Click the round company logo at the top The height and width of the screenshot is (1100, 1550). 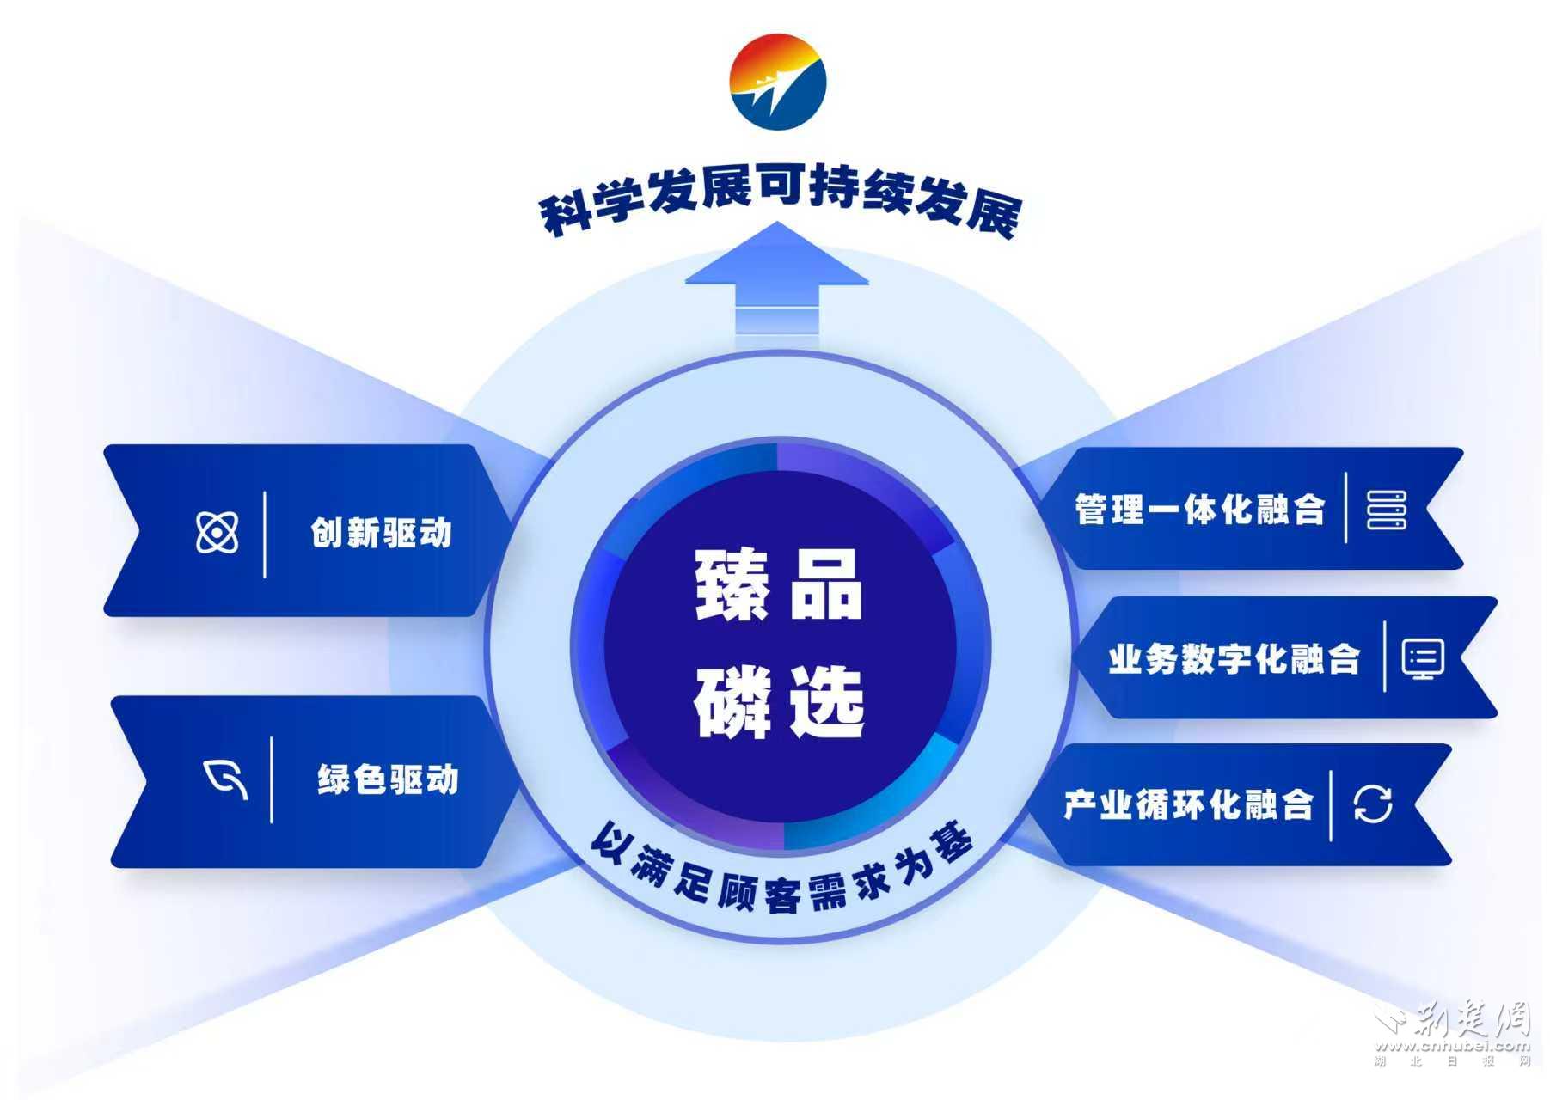tap(777, 82)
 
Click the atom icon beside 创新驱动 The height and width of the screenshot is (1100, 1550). tap(217, 532)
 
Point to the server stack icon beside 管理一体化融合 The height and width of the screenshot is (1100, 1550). tap(1386, 510)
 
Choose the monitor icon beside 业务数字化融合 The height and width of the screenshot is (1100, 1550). tap(1422, 658)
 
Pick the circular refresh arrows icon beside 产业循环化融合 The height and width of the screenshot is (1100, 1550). tap(1372, 804)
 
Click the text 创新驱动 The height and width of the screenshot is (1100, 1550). tap(381, 533)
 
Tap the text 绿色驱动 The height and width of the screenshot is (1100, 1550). tap(388, 779)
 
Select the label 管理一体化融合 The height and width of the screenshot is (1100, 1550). tap(1199, 510)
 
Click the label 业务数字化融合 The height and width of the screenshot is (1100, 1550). tap(1234, 659)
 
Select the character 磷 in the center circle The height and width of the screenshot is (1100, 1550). tap(732, 702)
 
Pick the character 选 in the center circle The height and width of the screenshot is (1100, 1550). tap(827, 702)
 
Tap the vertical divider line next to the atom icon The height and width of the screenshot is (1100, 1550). tap(265, 534)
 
